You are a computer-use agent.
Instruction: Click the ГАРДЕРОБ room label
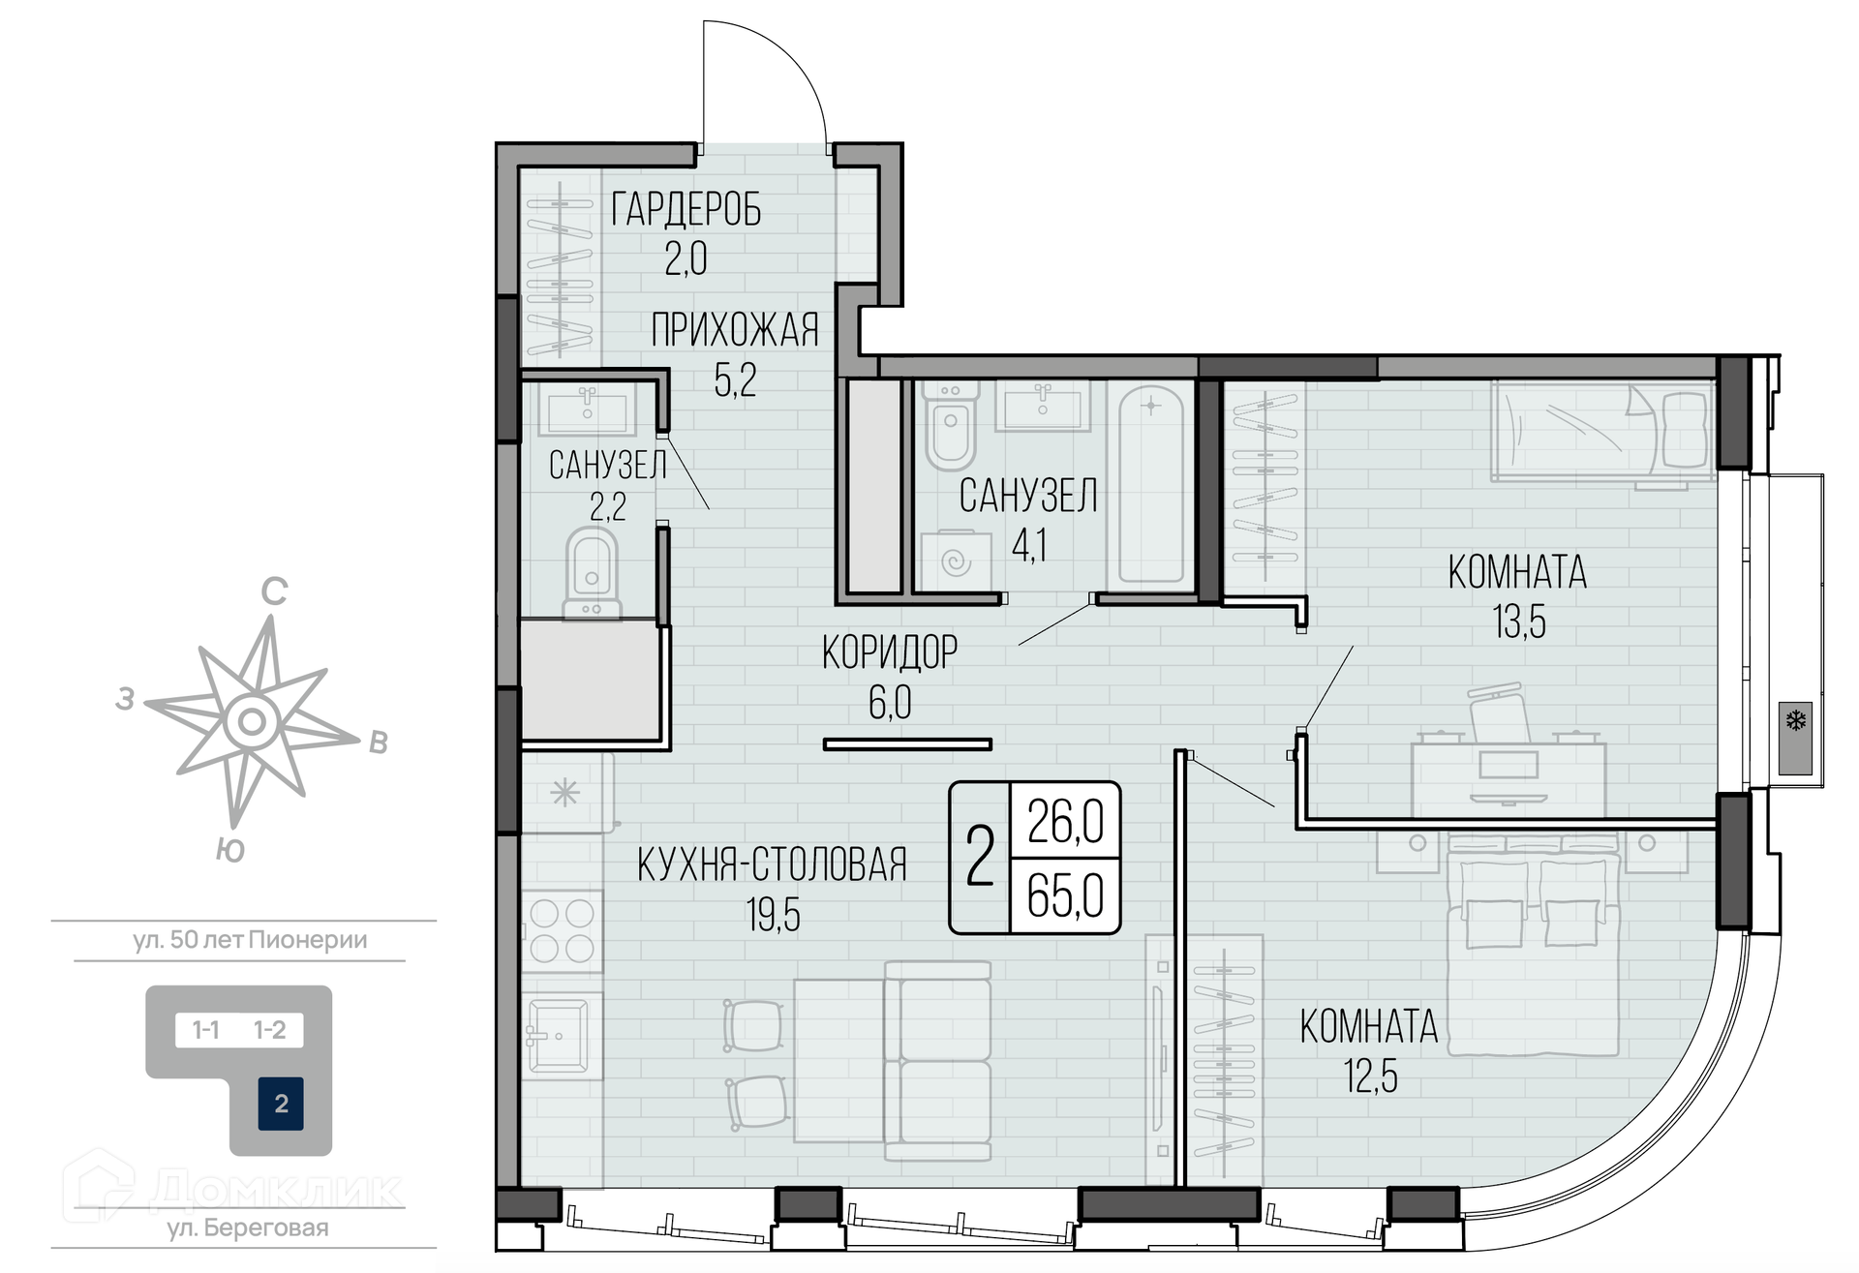pyautogui.click(x=686, y=209)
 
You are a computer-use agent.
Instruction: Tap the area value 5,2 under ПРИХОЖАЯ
pyautogui.click(x=735, y=379)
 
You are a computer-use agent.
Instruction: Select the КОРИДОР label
pyautogui.click(x=890, y=652)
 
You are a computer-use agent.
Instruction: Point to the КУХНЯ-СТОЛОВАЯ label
pyautogui.click(x=772, y=864)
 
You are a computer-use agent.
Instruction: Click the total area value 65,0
pyautogui.click(x=1065, y=895)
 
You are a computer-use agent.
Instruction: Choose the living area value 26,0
pyautogui.click(x=1065, y=822)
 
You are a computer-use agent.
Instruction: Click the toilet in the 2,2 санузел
pyautogui.click(x=591, y=571)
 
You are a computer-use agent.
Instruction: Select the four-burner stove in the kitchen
pyautogui.click(x=562, y=931)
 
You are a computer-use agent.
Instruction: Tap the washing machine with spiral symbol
pyautogui.click(x=956, y=561)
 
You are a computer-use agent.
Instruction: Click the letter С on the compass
pyautogui.click(x=275, y=591)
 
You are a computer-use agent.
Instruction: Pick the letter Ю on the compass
pyautogui.click(x=229, y=850)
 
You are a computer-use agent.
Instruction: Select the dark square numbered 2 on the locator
pyautogui.click(x=281, y=1104)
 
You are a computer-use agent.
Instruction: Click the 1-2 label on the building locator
pyautogui.click(x=269, y=1030)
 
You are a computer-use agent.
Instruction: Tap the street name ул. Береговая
pyautogui.click(x=248, y=1228)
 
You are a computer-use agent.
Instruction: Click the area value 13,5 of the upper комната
pyautogui.click(x=1518, y=621)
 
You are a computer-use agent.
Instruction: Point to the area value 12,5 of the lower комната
pyautogui.click(x=1370, y=1076)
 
